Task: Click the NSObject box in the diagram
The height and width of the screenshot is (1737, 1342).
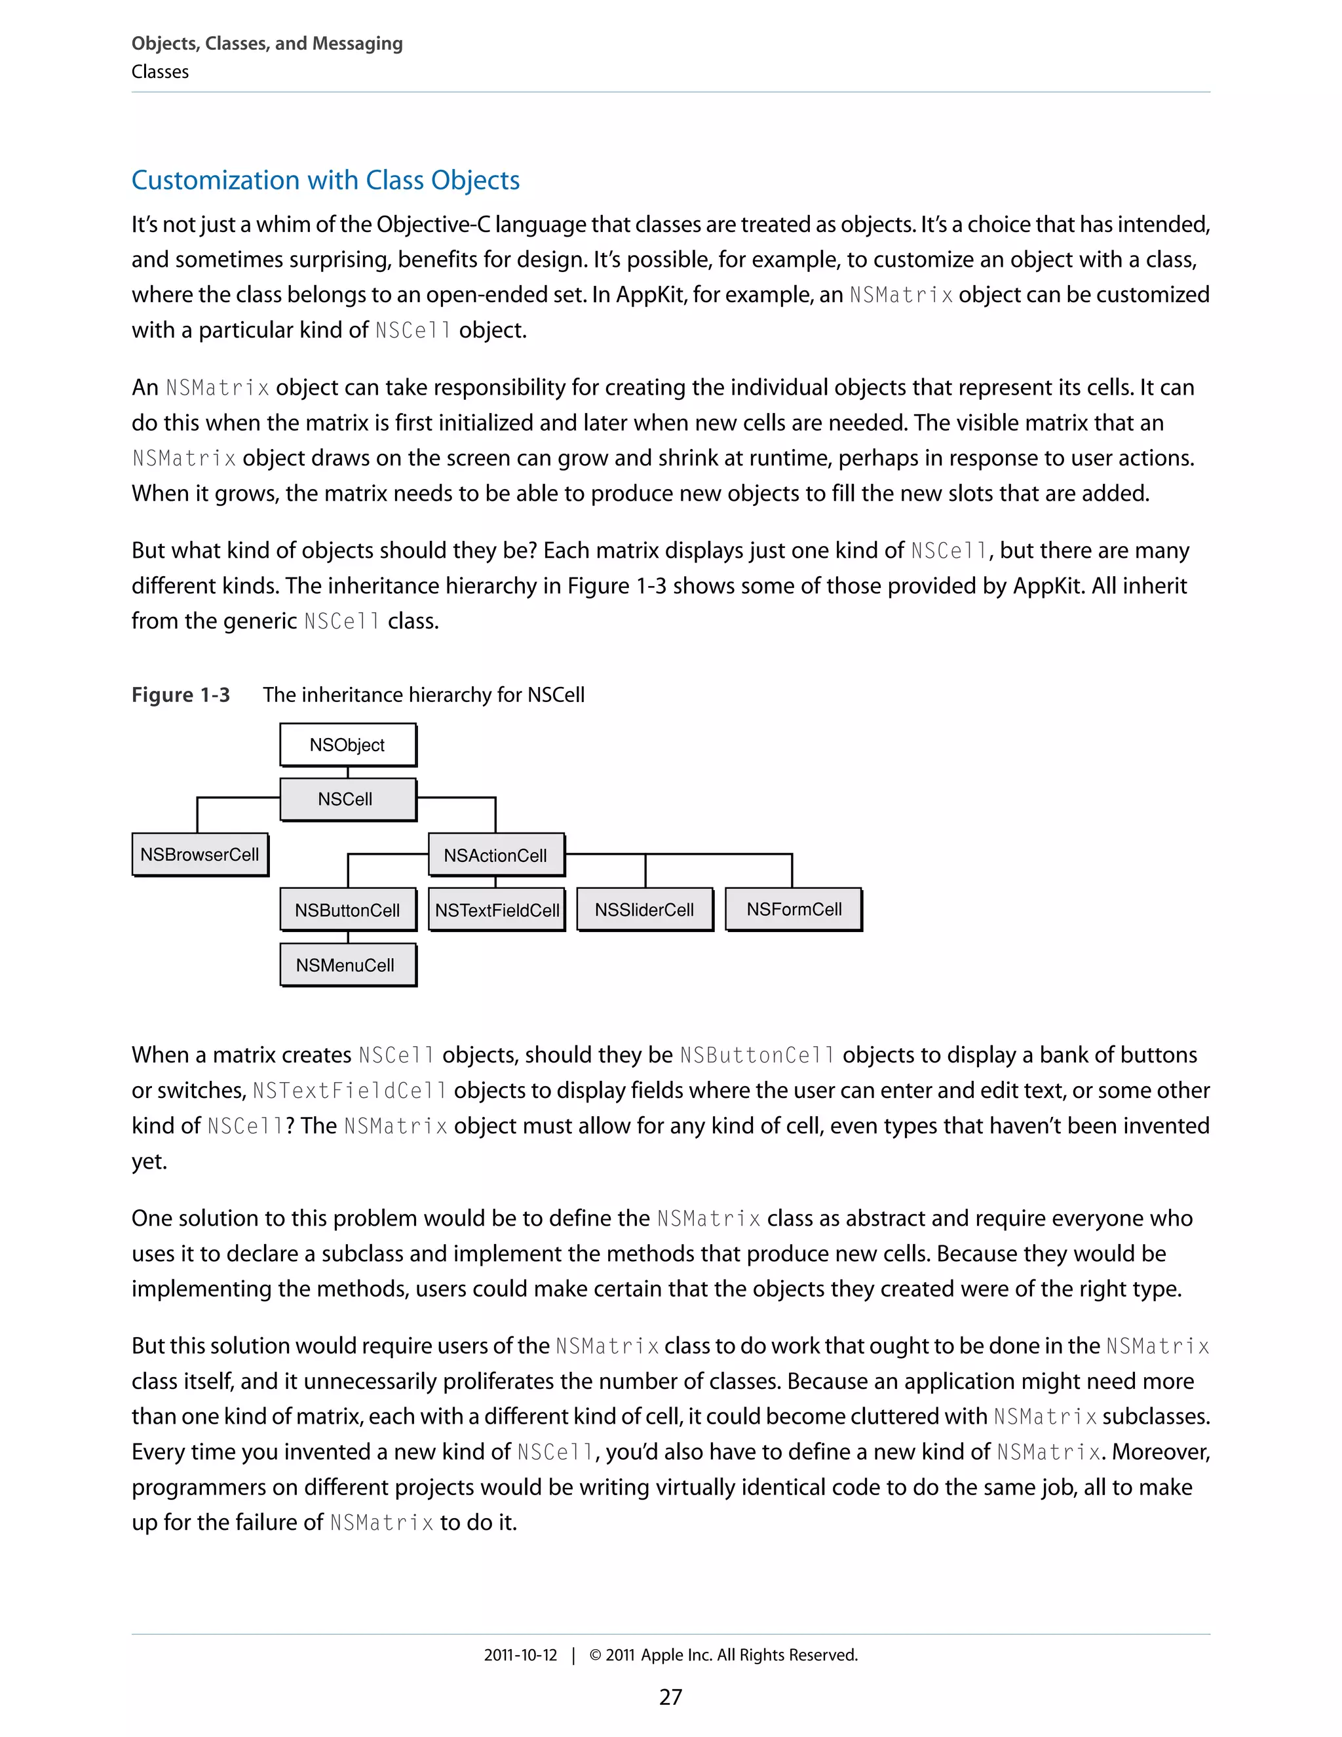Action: [x=347, y=745]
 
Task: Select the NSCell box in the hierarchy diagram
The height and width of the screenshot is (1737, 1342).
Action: [x=347, y=798]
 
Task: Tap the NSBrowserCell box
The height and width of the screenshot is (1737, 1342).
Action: [x=200, y=854]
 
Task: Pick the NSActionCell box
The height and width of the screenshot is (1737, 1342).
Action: [x=495, y=855]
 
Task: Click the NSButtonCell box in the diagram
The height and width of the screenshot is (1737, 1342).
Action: [x=347, y=910]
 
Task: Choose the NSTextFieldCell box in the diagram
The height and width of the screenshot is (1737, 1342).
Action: [x=497, y=910]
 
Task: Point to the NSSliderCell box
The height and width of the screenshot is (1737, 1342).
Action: [x=644, y=909]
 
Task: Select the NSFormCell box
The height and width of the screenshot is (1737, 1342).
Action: [x=794, y=909]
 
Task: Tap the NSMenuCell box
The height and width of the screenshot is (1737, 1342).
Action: [x=347, y=965]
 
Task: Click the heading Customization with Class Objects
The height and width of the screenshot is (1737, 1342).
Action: [x=325, y=180]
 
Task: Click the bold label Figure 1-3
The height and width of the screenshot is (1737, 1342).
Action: [x=180, y=695]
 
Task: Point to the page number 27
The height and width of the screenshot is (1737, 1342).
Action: [x=670, y=1696]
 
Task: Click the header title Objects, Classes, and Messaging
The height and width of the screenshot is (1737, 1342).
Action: [x=267, y=44]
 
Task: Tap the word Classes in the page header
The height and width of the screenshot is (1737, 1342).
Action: [x=160, y=71]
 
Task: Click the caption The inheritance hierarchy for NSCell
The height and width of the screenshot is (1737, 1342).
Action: [x=424, y=695]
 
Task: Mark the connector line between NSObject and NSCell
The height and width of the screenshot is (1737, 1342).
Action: [x=348, y=772]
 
